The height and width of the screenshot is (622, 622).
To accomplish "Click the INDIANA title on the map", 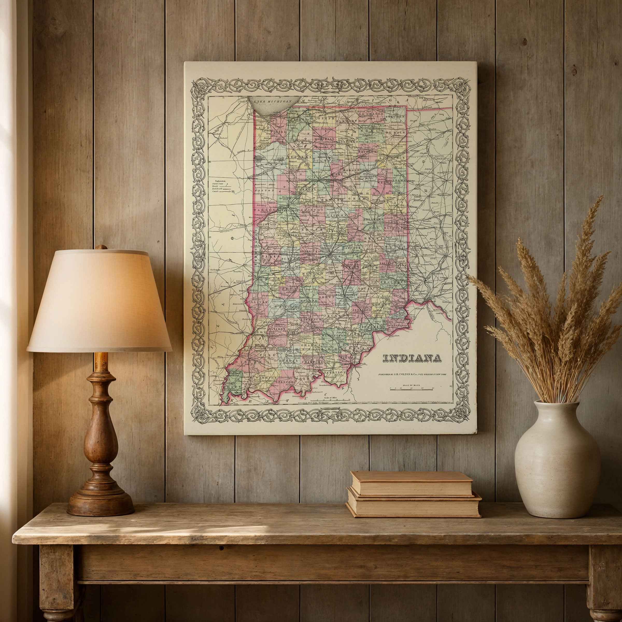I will (412, 358).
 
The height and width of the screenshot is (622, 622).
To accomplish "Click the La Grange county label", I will (372, 114).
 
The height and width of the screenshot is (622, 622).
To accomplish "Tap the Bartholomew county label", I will (347, 295).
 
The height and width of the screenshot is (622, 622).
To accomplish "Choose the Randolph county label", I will (396, 227).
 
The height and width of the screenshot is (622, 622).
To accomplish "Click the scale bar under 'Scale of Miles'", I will (412, 390).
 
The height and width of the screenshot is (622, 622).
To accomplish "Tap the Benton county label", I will (264, 190).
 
